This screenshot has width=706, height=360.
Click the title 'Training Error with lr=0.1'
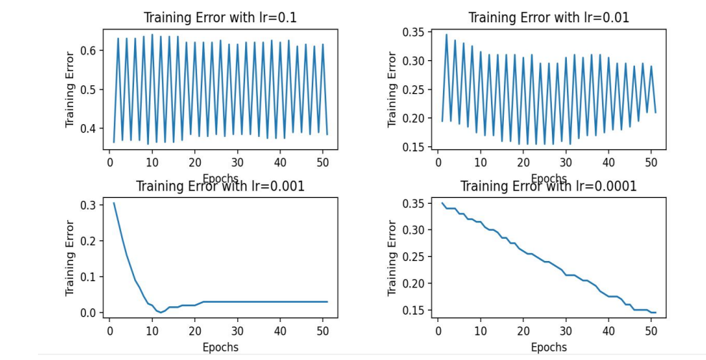click(x=220, y=17)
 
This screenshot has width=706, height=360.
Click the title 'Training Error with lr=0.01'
click(x=549, y=17)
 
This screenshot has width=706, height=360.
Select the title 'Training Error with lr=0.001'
click(x=220, y=186)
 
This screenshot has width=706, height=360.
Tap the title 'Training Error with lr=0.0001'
click(x=548, y=186)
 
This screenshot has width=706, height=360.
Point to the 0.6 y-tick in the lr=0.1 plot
click(x=90, y=50)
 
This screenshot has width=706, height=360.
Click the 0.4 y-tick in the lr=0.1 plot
click(x=90, y=128)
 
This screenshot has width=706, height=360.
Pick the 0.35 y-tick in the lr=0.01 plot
click(x=417, y=32)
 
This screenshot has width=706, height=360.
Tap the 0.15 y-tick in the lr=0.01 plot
click(x=417, y=147)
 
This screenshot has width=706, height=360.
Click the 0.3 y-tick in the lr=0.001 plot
click(x=90, y=205)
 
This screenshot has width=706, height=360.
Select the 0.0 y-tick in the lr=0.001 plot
click(x=90, y=313)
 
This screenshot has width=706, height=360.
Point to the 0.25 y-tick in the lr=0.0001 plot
click(x=417, y=257)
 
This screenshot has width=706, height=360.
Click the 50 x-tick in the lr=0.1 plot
click(x=323, y=163)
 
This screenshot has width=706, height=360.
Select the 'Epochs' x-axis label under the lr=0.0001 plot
click(x=549, y=348)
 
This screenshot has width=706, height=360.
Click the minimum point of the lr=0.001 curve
click(x=161, y=313)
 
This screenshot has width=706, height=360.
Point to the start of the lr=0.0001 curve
click(x=442, y=204)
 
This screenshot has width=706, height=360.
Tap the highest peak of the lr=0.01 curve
click(x=447, y=34)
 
